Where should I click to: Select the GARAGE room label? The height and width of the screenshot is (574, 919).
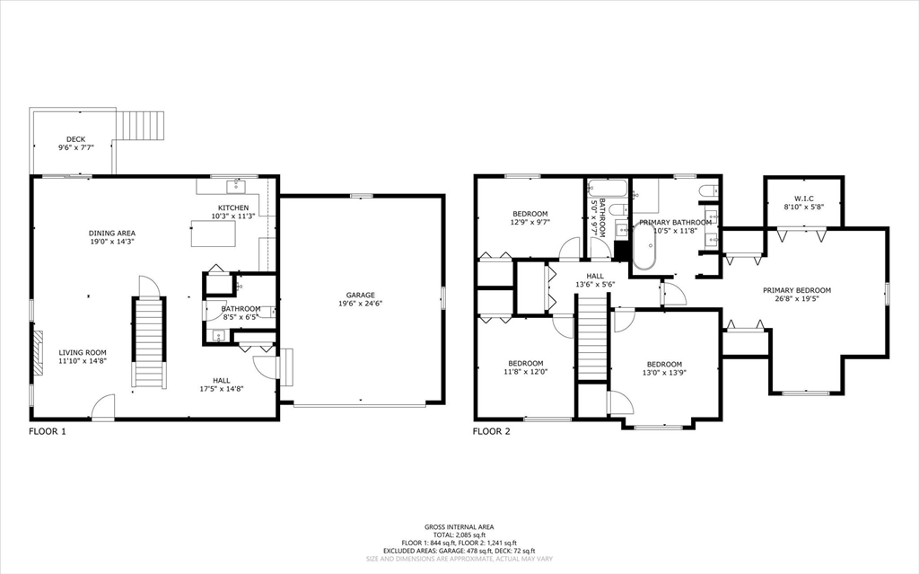(x=361, y=295)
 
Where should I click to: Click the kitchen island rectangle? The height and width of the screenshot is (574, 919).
(x=213, y=233)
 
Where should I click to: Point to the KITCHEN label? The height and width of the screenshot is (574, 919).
(x=233, y=208)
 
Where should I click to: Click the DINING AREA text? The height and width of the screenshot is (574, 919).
(x=112, y=233)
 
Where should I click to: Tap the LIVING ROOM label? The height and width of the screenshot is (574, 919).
(x=83, y=352)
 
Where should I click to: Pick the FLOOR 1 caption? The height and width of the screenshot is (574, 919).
(x=48, y=431)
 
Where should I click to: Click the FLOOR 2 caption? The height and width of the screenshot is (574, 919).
(x=491, y=431)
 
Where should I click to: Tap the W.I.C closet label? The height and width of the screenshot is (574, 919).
(x=804, y=198)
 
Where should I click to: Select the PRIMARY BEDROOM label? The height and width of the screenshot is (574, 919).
(x=797, y=290)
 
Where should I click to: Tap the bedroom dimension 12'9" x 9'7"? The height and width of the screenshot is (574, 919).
(x=530, y=223)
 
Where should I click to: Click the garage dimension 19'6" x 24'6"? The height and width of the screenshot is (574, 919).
(x=361, y=304)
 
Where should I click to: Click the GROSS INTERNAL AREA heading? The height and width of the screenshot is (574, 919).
(x=459, y=527)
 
